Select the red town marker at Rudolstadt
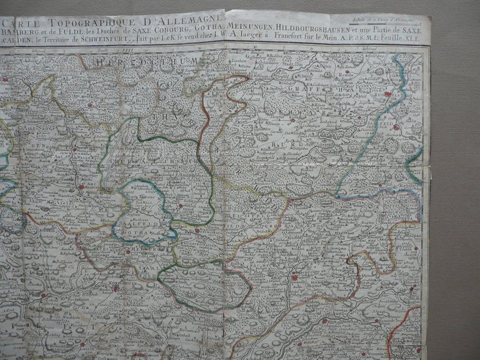coord(389,94)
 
